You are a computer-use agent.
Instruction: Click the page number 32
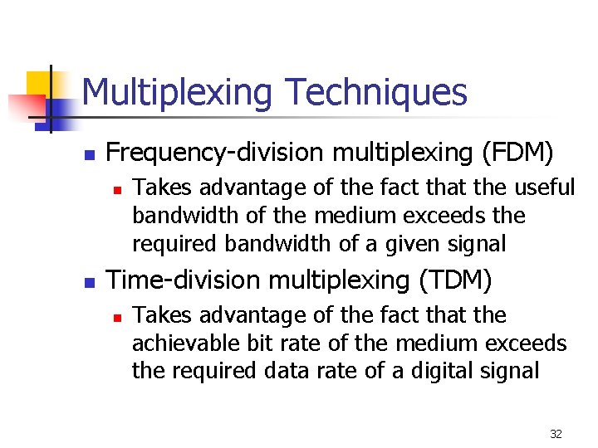pos(556,434)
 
